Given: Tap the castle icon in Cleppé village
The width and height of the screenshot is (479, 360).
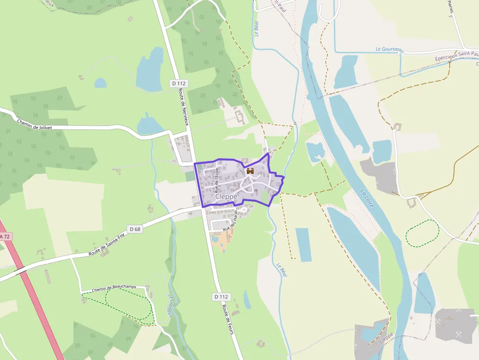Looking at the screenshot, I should (x=250, y=171).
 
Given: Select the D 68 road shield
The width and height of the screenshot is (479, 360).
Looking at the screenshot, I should (x=135, y=229).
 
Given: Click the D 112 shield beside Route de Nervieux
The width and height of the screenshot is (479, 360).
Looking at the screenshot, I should (x=179, y=84).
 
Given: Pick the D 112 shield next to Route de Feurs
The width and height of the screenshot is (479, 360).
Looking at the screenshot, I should (x=221, y=296).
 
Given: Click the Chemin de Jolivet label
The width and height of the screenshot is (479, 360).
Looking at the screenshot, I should (x=34, y=124).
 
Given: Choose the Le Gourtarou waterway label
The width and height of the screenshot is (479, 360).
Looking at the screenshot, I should (x=389, y=49).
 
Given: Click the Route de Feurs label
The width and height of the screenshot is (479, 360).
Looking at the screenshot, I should (x=228, y=318).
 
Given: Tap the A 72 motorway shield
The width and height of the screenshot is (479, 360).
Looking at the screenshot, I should (x=4, y=237).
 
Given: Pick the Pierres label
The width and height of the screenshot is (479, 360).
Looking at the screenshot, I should (x=451, y=7).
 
